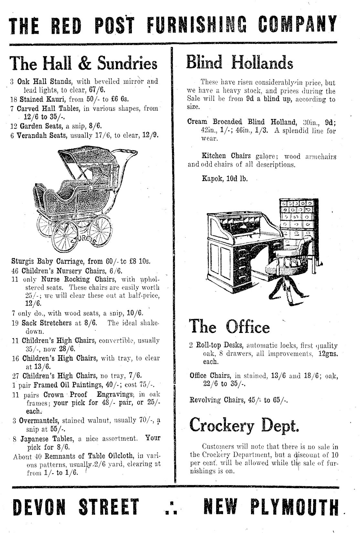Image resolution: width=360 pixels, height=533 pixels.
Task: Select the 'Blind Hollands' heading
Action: click(x=240, y=62)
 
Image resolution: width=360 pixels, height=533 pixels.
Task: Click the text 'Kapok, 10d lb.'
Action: click(x=225, y=178)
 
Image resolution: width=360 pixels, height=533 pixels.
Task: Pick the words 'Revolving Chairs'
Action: click(x=214, y=400)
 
